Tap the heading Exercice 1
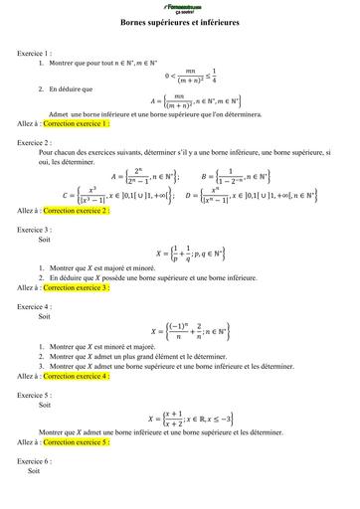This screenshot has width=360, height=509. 35,52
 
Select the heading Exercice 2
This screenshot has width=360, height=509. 35,142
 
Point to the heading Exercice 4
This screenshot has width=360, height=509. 35,306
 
